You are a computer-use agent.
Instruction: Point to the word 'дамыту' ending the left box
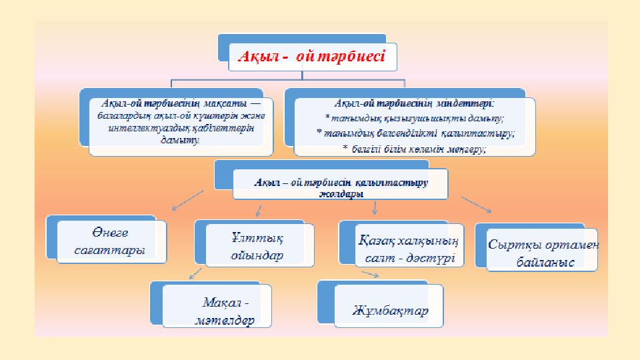tap(179, 141)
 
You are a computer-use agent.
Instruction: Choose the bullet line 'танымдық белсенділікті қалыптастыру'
tap(415, 133)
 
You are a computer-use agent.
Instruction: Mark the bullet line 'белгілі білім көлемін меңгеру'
tap(414, 149)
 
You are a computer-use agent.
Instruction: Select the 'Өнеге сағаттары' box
tap(110, 241)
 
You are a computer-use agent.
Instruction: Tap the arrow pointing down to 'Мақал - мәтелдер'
tap(195, 273)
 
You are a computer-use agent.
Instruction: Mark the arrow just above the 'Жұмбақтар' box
tap(370, 273)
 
